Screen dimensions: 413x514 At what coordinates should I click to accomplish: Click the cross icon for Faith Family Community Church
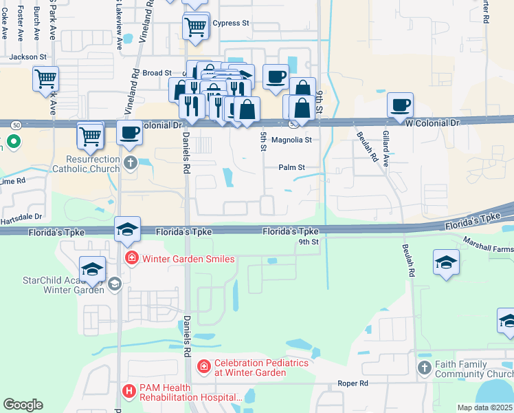[425, 369]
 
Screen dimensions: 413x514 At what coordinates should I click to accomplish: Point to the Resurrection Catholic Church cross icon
[131, 163]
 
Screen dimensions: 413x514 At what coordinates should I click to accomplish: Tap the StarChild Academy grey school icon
[115, 284]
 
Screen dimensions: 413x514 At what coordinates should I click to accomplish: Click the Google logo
[23, 404]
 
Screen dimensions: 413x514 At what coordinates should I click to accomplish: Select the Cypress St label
[231, 23]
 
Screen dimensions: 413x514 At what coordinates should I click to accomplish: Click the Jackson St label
[28, 56]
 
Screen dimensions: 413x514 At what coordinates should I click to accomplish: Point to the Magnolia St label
[291, 140]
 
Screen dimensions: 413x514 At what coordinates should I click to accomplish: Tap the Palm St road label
[291, 167]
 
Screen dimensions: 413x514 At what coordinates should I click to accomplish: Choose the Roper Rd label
[353, 383]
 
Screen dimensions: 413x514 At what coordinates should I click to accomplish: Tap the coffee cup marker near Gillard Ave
[400, 105]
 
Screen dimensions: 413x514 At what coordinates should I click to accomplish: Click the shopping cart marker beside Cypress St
[195, 28]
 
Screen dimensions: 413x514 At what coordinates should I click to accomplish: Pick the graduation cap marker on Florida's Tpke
[127, 229]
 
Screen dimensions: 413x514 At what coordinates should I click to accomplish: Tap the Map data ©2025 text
[484, 407]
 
